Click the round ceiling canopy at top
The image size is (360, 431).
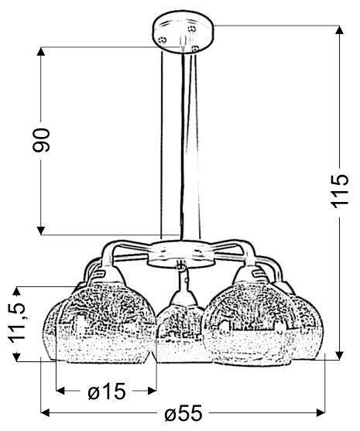pyautogui.click(x=181, y=34)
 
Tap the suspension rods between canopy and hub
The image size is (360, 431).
pyautogui.click(x=181, y=147)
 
